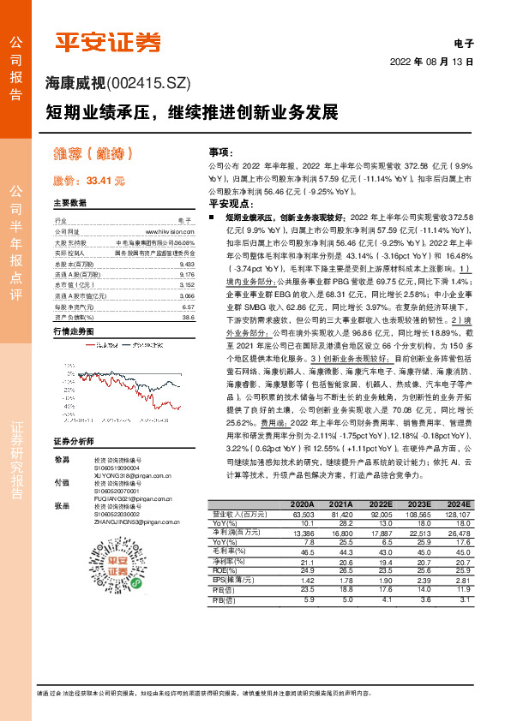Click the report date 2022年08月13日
(x=432, y=63)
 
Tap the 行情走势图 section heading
(x=73, y=331)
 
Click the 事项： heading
(x=221, y=151)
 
